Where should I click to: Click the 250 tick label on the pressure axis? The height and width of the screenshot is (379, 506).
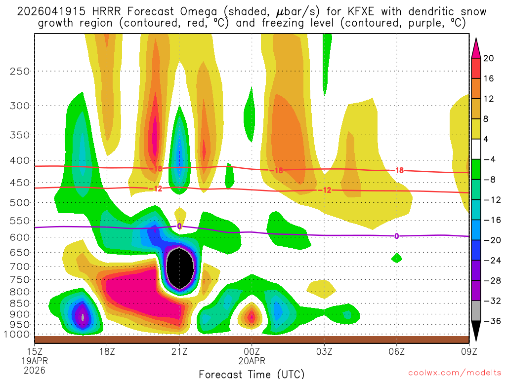tap(19, 71)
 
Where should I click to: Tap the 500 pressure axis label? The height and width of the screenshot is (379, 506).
tap(19, 202)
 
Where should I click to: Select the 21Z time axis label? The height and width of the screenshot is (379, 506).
tap(179, 352)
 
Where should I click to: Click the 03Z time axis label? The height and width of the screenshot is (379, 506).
tap(324, 352)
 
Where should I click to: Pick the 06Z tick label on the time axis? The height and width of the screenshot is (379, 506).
tap(396, 352)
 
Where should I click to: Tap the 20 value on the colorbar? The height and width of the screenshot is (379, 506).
tap(489, 58)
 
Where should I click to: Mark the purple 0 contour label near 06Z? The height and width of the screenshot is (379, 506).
tap(396, 236)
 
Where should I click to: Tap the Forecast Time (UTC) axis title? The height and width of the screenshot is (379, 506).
tap(252, 374)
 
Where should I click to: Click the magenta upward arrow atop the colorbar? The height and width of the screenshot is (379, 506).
tap(476, 46)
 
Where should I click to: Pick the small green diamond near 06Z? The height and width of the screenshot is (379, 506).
tap(396, 258)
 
